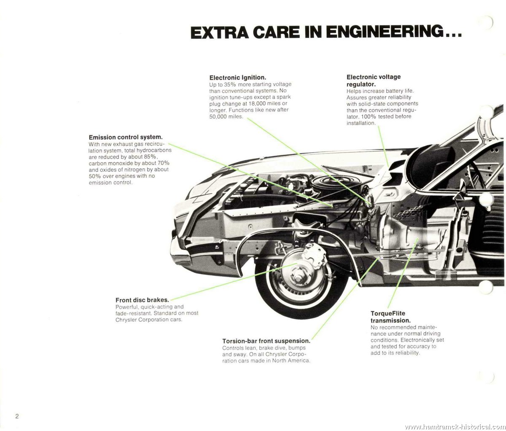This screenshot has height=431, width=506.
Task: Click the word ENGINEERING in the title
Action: (x=385, y=32)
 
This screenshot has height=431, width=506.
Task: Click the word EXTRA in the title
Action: (x=219, y=32)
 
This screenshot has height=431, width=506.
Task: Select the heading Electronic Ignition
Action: (x=238, y=78)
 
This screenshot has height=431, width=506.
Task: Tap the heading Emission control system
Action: (x=126, y=137)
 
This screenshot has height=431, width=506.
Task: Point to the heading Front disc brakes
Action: (x=142, y=300)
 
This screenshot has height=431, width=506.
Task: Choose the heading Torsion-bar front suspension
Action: (x=266, y=341)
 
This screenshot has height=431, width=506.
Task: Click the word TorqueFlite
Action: (x=388, y=313)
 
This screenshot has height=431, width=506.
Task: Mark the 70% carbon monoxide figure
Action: (x=163, y=163)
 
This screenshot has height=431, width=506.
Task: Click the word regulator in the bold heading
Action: (x=361, y=84)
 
